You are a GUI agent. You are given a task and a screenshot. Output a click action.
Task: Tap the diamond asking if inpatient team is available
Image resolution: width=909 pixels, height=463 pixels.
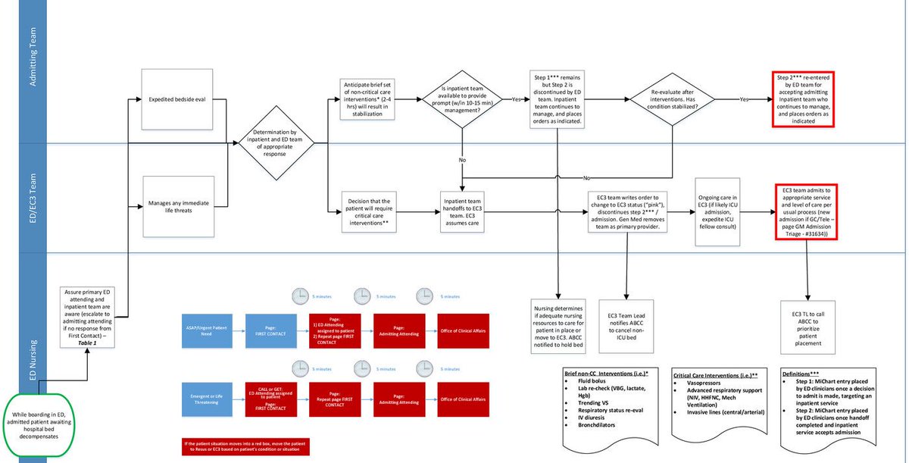(x=462, y=99)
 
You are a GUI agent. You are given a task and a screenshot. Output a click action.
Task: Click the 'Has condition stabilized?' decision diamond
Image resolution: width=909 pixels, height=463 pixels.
(x=672, y=99)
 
